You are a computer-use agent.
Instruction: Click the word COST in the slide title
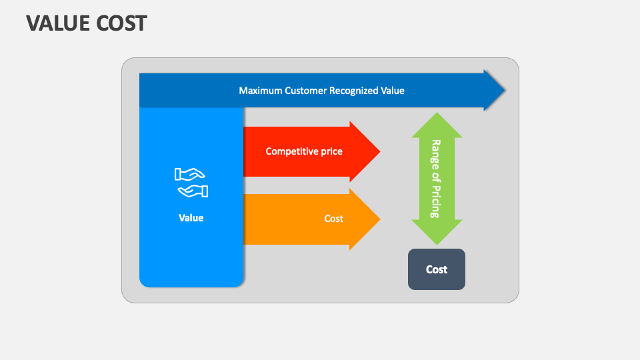point(121,23)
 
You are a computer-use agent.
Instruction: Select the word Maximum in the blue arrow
point(261,91)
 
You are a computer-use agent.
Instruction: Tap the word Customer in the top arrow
point(306,91)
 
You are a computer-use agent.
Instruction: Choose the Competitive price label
point(304,151)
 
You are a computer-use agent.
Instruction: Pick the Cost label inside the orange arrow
point(334,219)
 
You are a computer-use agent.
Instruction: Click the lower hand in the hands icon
point(193,191)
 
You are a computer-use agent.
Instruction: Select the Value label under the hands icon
point(191,218)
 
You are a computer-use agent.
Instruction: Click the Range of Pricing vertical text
point(436,179)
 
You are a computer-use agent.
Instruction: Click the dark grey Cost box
point(437,269)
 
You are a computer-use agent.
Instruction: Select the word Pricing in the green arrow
point(436,198)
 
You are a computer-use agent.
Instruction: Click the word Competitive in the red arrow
point(291,151)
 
